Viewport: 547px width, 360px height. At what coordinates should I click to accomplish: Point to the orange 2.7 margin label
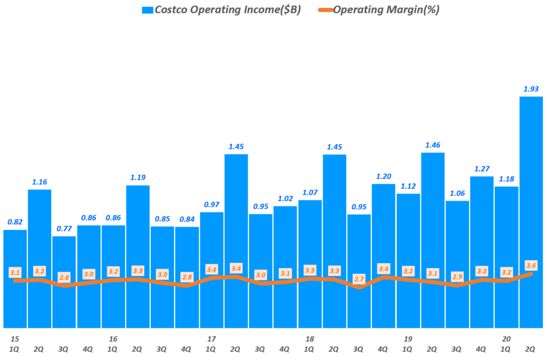tap(359, 278)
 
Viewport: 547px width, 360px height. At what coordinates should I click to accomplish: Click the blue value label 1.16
tap(40, 182)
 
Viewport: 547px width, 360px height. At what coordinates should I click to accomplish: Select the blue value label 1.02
tap(285, 199)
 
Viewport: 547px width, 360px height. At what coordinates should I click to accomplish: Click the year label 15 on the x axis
tap(15, 339)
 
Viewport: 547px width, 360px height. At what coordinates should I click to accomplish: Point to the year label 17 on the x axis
tap(212, 339)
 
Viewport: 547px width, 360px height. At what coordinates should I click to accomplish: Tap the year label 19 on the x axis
tap(408, 339)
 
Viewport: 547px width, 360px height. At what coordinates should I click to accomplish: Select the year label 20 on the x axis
tap(506, 339)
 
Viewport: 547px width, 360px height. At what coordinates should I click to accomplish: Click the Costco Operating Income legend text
tap(228, 10)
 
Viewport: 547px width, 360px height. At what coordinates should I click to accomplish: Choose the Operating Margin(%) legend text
tap(385, 10)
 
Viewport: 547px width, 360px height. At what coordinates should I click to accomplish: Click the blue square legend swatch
tap(147, 10)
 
